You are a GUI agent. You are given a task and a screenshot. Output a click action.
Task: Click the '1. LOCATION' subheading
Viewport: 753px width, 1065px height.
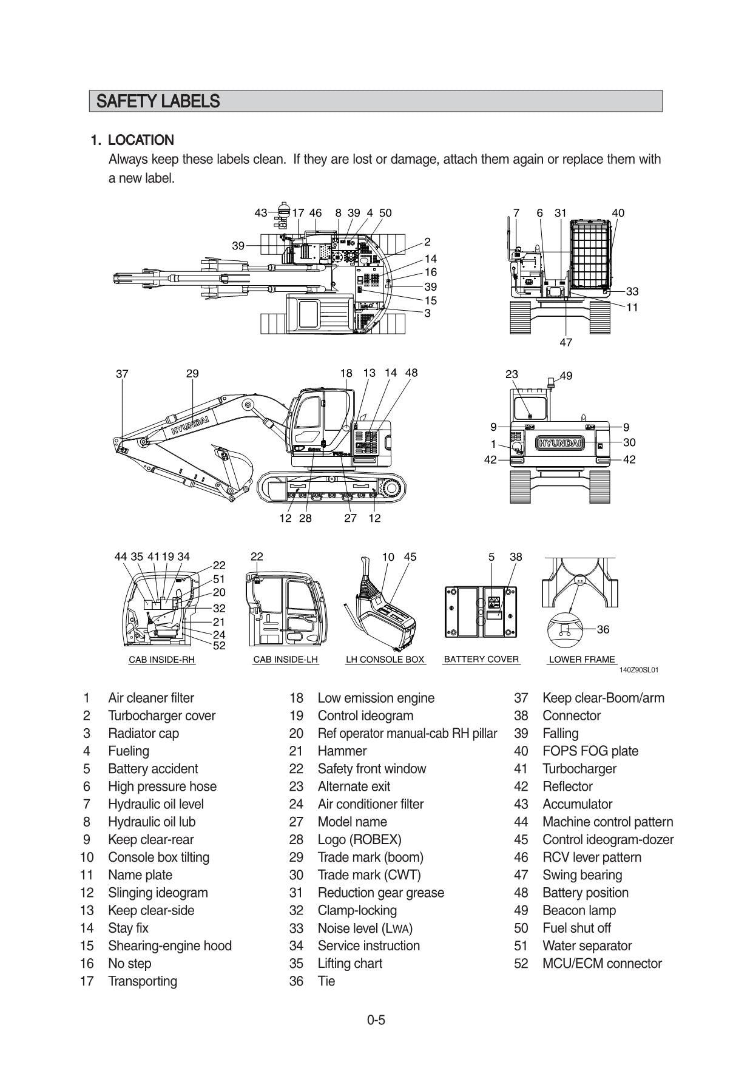click(x=132, y=140)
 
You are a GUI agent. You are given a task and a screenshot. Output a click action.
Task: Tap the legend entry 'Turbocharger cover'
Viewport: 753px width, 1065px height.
click(x=161, y=715)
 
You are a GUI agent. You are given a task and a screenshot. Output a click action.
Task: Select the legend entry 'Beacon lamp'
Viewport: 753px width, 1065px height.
click(x=579, y=910)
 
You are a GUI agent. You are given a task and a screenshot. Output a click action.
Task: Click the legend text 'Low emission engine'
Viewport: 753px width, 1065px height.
click(x=376, y=698)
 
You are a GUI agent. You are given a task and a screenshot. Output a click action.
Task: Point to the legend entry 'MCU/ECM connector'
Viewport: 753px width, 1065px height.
click(x=601, y=963)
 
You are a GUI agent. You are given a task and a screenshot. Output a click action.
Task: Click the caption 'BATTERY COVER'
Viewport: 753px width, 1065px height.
click(x=481, y=659)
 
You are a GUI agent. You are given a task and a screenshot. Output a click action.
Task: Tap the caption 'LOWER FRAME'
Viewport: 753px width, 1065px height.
click(x=581, y=659)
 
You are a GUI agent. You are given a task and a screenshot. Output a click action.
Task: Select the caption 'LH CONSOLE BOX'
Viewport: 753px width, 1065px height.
click(x=385, y=659)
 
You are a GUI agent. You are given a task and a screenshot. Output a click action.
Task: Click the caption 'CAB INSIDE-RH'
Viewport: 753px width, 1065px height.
click(x=162, y=659)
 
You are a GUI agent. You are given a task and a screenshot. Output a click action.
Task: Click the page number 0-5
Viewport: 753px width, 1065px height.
click(x=376, y=1019)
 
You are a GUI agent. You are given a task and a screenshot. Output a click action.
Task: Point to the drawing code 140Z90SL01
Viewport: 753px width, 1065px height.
click(x=638, y=670)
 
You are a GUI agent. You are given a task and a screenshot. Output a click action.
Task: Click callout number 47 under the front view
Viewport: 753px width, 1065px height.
click(x=566, y=342)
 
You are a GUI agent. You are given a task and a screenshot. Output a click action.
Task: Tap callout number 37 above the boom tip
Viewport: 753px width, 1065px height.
click(x=122, y=374)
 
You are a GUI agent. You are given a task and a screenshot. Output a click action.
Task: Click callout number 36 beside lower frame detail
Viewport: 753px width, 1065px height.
click(x=603, y=629)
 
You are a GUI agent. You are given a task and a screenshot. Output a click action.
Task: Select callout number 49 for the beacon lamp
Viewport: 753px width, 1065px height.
click(x=566, y=376)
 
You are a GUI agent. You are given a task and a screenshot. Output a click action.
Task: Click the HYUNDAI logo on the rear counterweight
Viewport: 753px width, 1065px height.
click(x=559, y=443)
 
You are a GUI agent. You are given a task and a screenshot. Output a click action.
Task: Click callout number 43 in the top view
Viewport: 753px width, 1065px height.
click(x=260, y=213)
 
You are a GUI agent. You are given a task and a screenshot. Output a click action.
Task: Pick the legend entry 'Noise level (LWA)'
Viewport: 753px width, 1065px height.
click(x=365, y=928)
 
